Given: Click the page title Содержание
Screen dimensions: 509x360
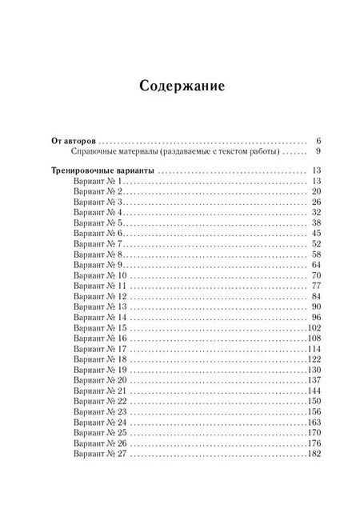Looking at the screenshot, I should tap(180, 85).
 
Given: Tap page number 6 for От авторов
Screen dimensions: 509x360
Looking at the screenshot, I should tap(318, 139).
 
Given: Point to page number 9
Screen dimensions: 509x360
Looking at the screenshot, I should tap(318, 150).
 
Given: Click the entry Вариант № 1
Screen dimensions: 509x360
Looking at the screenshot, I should tap(95, 182).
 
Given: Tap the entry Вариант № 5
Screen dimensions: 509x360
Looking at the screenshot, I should tap(95, 223).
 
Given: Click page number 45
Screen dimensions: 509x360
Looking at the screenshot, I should tap(316, 234).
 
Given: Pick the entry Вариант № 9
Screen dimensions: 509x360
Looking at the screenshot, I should tap(95, 265).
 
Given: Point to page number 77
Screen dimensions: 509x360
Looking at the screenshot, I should tap(316, 286).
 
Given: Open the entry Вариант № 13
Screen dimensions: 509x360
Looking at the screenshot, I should tap(98, 307).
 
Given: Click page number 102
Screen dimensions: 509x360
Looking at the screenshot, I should tap(314, 327).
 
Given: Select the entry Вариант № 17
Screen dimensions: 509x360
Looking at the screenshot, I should tap(98, 349).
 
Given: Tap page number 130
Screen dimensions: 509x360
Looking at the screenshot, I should tap(314, 370).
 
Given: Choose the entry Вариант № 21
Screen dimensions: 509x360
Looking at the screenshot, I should tap(98, 391).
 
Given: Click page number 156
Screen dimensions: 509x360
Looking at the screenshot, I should tap(314, 411).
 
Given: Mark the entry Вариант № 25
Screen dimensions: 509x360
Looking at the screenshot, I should tap(98, 432).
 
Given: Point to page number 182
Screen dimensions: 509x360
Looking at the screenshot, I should tap(314, 453).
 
